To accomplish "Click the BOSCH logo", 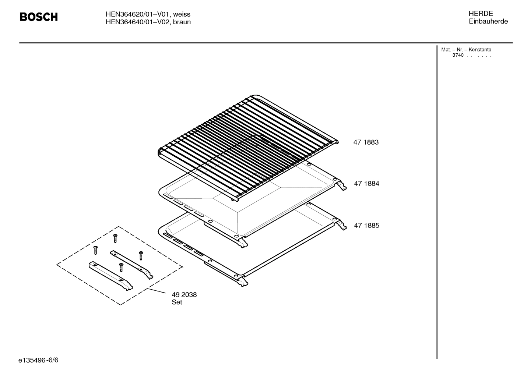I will (x=39, y=17).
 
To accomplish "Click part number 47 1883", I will (x=366, y=142).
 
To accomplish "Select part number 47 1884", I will (x=366, y=184).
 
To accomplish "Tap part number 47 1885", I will (x=366, y=226).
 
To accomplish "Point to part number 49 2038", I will (x=184, y=295).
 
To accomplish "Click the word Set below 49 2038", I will (x=177, y=303).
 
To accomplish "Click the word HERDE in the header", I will (x=481, y=14).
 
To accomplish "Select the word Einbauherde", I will (x=488, y=21).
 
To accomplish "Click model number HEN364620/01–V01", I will (x=138, y=14).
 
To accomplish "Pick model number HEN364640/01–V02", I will (x=138, y=22).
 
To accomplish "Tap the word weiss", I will (x=182, y=14).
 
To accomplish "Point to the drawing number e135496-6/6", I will (x=38, y=360).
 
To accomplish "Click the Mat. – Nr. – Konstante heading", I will (x=466, y=50).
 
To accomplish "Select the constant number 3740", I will (x=458, y=56).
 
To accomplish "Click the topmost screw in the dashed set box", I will (x=115, y=238).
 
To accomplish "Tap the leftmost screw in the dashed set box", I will (x=95, y=250).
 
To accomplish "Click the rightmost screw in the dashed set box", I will (x=141, y=255).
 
